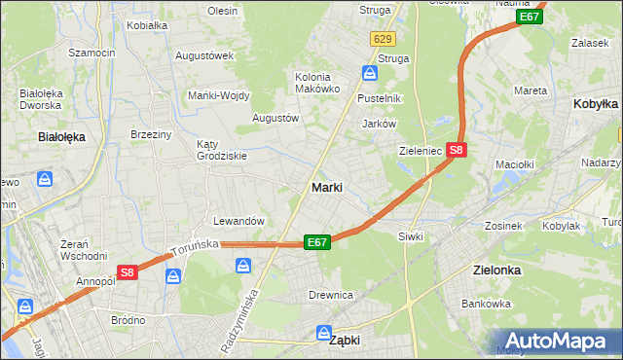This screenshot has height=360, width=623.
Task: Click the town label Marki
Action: tap(326, 187)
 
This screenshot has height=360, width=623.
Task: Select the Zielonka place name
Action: tap(495, 270)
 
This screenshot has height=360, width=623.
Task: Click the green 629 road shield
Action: tap(383, 39)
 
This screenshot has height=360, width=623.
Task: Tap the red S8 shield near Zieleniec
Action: tap(458, 151)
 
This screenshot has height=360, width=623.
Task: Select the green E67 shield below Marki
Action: tap(317, 241)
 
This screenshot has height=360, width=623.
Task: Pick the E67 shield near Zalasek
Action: tap(530, 18)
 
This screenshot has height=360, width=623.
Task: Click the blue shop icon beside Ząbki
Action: tap(324, 333)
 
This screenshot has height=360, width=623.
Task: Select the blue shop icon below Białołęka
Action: tap(45, 179)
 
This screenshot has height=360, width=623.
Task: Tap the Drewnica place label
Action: tap(330, 295)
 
